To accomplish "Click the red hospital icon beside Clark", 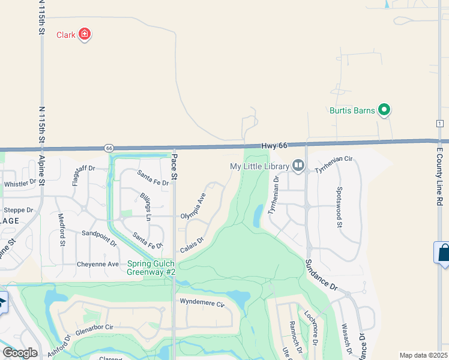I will point(85,34).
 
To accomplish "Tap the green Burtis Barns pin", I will point(384,110).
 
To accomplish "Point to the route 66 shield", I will point(109,148).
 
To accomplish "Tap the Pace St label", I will point(175,167).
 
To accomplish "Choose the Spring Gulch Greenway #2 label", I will point(151,268).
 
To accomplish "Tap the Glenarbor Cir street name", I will point(94,329).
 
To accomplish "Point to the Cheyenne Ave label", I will point(97,264).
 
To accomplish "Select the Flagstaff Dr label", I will point(83,175).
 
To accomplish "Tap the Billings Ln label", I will point(145,207).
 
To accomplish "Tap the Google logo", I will point(20,353).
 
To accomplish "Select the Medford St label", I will point(61,229).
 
